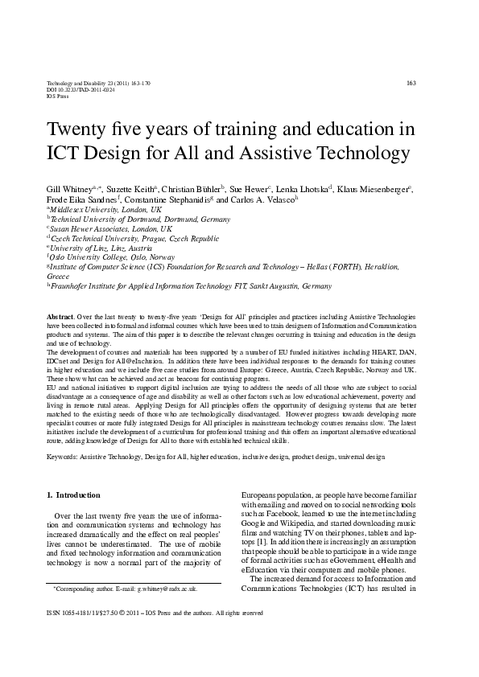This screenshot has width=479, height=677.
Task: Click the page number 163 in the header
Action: (411, 83)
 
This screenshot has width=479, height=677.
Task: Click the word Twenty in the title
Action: (78, 129)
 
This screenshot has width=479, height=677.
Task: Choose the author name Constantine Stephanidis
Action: (167, 199)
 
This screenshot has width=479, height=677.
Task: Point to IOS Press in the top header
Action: (58, 96)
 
